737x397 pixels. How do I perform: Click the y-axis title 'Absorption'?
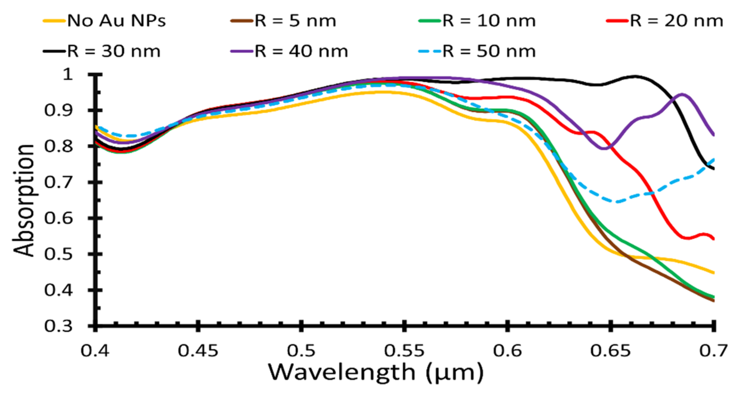[x=24, y=200]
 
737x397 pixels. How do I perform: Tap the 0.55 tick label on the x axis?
[x=404, y=351]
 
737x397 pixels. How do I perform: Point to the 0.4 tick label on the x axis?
[x=95, y=351]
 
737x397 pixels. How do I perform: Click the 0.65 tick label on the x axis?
[x=610, y=351]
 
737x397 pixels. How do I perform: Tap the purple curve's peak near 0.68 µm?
[x=682, y=94]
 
